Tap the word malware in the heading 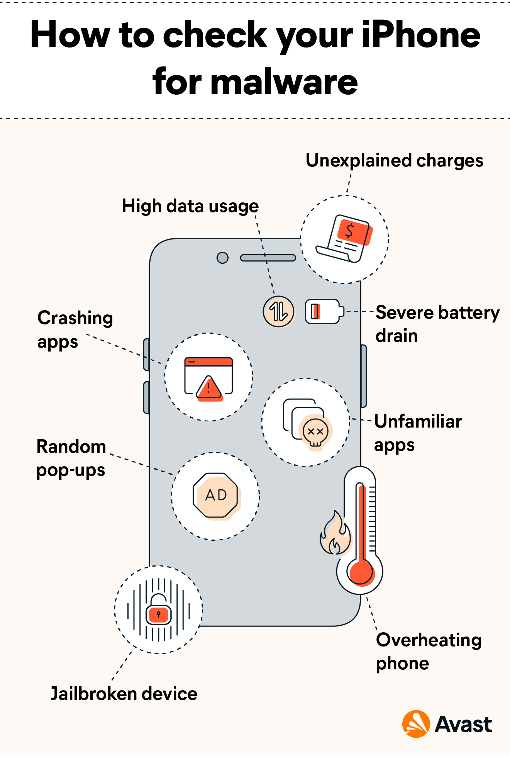click(x=284, y=82)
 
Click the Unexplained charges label click(x=394, y=161)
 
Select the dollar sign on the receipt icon click(x=350, y=231)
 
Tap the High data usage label click(x=190, y=206)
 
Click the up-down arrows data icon click(x=279, y=312)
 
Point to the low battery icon click(x=324, y=311)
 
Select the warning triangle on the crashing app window click(x=209, y=387)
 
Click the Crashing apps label click(x=75, y=329)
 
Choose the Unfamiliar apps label click(x=418, y=433)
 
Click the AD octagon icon click(x=216, y=496)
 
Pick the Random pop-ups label click(x=71, y=458)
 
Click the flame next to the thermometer click(x=335, y=535)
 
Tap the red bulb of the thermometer click(x=361, y=572)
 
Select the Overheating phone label click(x=428, y=652)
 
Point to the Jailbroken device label click(x=124, y=694)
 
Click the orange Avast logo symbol click(x=416, y=724)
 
